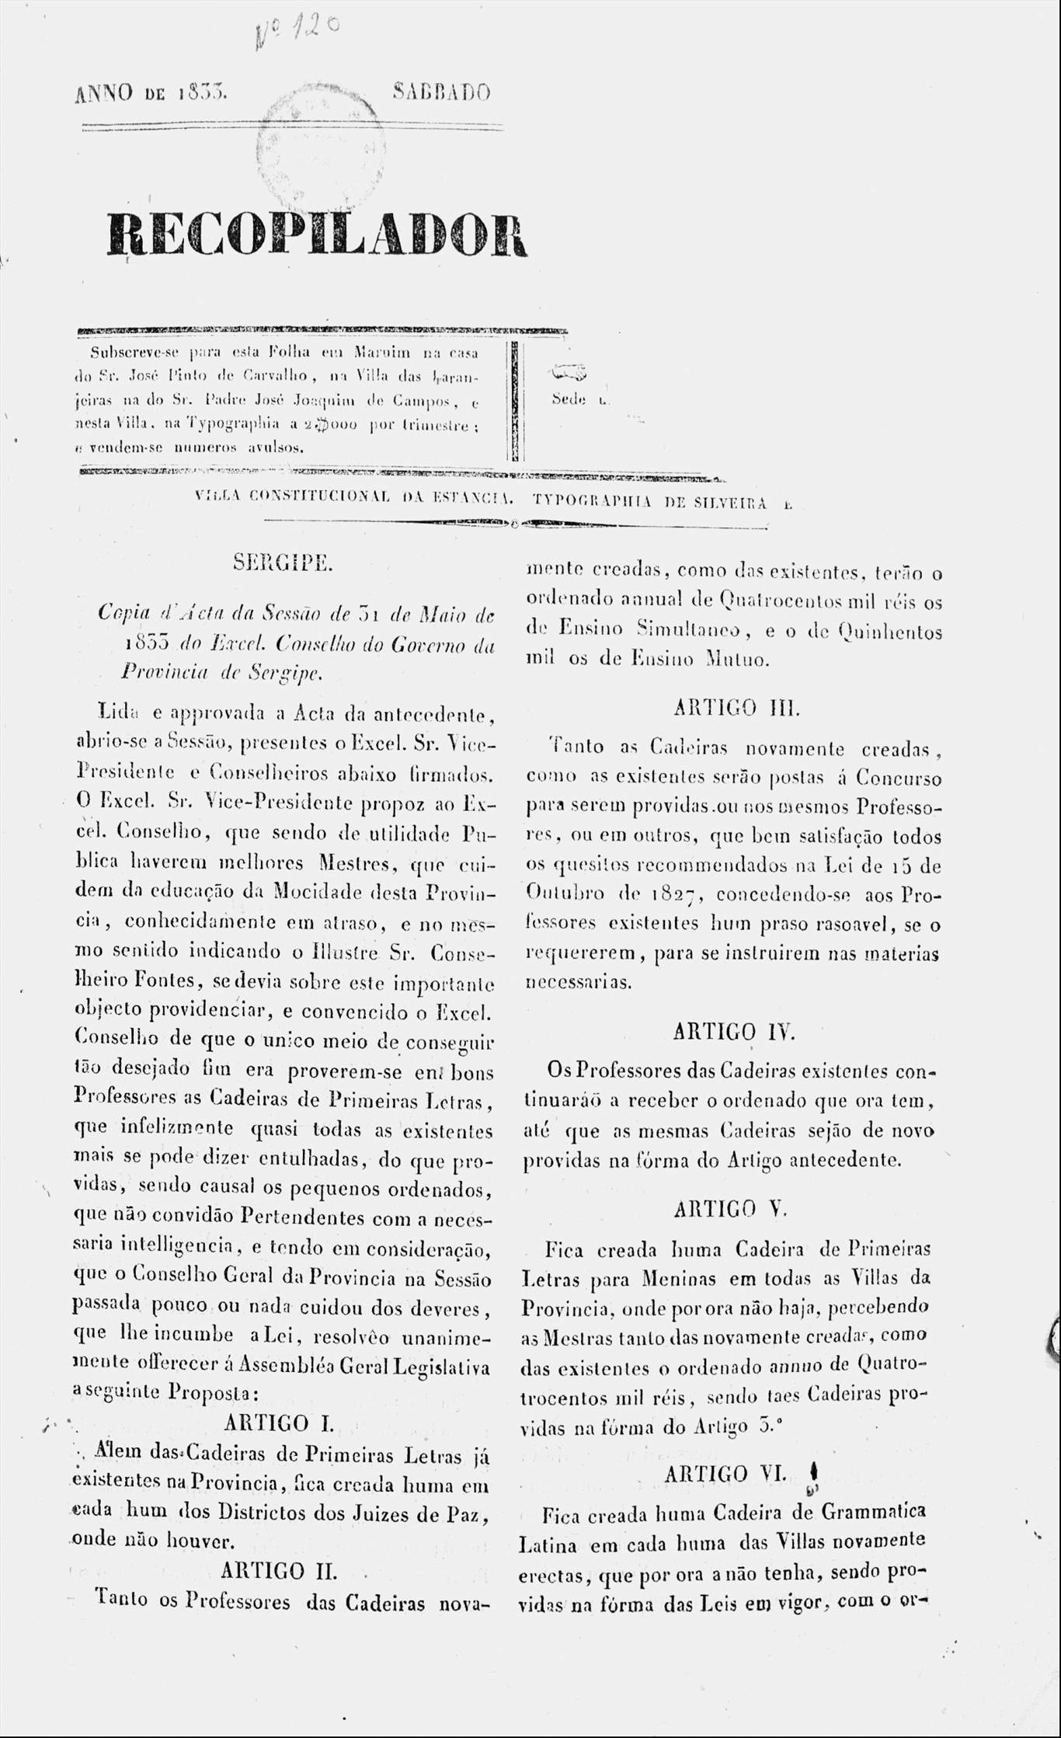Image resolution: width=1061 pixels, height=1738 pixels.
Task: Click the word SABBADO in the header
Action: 441,93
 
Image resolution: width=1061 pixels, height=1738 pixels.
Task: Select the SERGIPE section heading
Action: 283,562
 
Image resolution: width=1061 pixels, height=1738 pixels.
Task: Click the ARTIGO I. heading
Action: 279,1423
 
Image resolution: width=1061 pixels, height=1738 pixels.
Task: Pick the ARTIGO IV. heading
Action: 734,1032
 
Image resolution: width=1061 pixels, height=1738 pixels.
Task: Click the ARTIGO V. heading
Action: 731,1209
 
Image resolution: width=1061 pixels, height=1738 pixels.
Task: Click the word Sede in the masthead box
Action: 569,400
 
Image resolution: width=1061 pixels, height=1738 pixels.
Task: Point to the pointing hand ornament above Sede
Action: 569,375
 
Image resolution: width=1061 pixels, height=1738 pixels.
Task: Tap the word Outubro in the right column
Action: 565,893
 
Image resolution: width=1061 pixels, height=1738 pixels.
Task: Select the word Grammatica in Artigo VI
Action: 872,1512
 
